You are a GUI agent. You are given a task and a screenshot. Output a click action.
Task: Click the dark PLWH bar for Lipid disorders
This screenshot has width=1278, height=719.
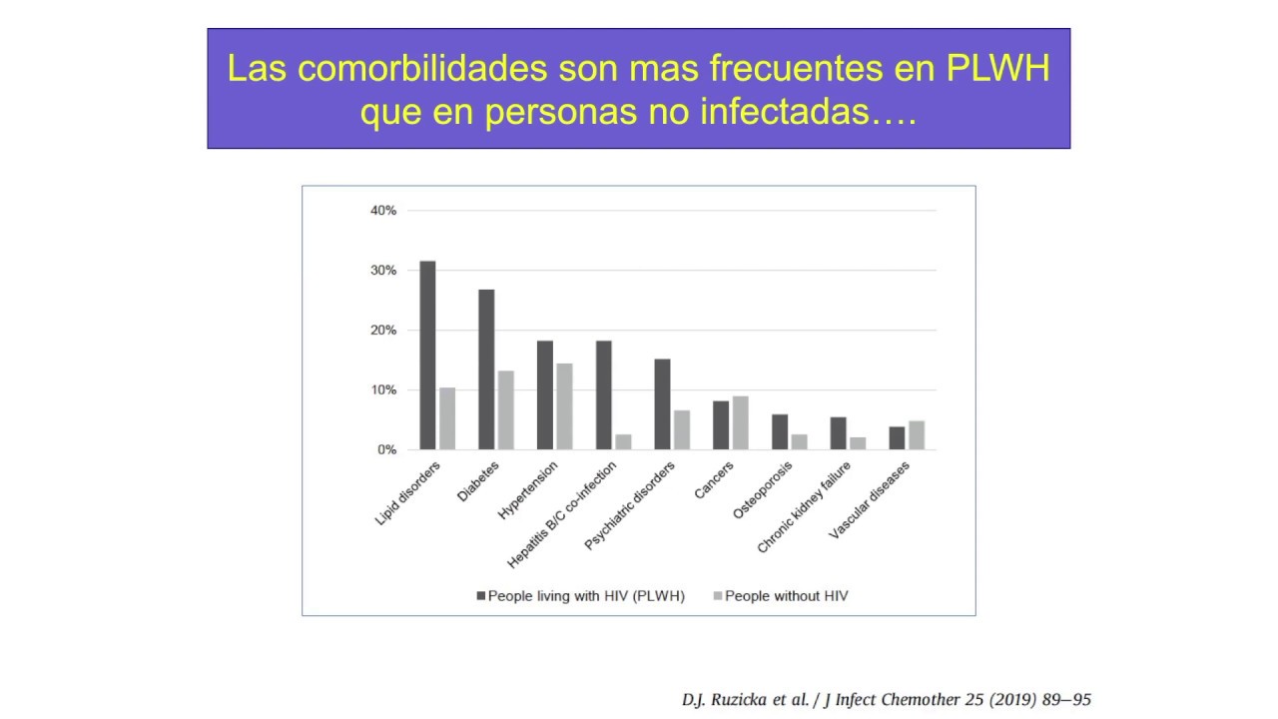(x=427, y=355)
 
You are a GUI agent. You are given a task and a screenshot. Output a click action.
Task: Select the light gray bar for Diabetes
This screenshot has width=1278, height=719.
(x=506, y=410)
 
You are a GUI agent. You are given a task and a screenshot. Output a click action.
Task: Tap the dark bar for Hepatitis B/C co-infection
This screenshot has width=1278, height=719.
(x=603, y=394)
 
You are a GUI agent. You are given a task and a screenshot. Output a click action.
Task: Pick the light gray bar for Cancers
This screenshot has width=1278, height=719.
(x=740, y=422)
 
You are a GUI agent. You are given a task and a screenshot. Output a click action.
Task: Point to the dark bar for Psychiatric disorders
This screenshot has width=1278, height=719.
(x=662, y=403)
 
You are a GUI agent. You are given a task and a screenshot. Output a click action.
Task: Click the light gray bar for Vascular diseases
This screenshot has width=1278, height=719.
(x=917, y=435)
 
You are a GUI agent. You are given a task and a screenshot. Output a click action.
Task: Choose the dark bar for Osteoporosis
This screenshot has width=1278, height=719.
(x=780, y=431)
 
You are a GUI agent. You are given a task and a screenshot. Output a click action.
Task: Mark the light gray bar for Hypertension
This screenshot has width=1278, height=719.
(x=564, y=406)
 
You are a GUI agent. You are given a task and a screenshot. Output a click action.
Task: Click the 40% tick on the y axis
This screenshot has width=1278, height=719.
(x=383, y=211)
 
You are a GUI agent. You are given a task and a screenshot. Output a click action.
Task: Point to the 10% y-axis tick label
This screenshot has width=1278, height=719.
(x=383, y=390)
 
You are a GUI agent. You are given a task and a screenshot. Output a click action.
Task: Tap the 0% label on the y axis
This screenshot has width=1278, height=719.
(x=386, y=450)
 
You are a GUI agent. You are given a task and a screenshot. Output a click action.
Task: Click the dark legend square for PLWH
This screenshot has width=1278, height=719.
(x=480, y=596)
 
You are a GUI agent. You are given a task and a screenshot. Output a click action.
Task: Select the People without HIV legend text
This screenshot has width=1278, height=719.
(x=786, y=596)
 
